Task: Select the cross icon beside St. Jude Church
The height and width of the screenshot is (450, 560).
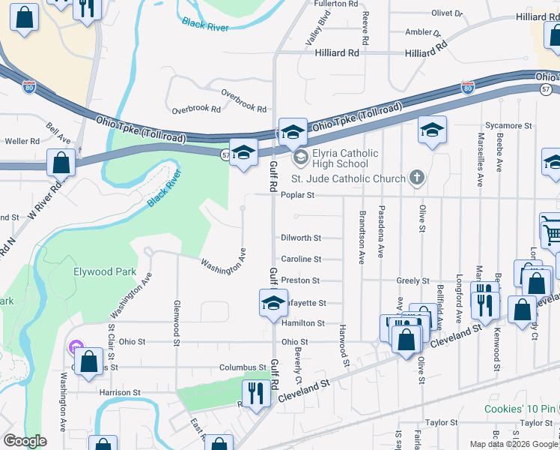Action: point(418,178)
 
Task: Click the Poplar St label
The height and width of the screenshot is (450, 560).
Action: point(296,195)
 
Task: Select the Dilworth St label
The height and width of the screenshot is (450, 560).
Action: point(300,238)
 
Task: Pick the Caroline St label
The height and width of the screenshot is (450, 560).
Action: point(301,259)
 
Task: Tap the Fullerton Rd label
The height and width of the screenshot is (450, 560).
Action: point(337,4)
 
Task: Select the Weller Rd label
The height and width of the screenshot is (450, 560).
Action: point(22,141)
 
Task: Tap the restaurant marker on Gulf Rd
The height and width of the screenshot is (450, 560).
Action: point(256,393)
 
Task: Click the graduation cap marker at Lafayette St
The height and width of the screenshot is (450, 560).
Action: point(273,303)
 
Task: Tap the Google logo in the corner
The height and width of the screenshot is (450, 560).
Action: point(25,441)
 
